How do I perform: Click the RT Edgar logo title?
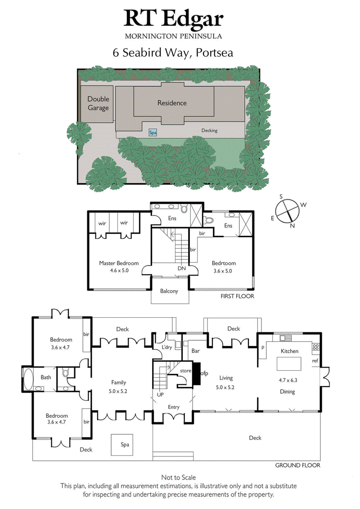pyautogui.click(x=174, y=19)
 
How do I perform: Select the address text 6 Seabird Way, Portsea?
pyautogui.click(x=173, y=53)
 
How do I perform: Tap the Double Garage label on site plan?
pyautogui.click(x=98, y=103)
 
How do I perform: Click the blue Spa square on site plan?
pyautogui.click(x=153, y=133)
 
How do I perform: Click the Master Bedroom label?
pyautogui.click(x=119, y=263)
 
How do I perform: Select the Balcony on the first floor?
pyautogui.click(x=169, y=291)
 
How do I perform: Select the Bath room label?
pyautogui.click(x=46, y=378)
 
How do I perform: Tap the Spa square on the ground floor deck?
pyautogui.click(x=125, y=445)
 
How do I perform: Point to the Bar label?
pyautogui.click(x=196, y=351)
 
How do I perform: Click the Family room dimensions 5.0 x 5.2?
pyautogui.click(x=119, y=391)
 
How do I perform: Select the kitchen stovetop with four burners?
pyautogui.click(x=315, y=347)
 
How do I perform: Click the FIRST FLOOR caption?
pyautogui.click(x=237, y=296)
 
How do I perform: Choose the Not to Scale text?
pyautogui.click(x=179, y=477)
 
